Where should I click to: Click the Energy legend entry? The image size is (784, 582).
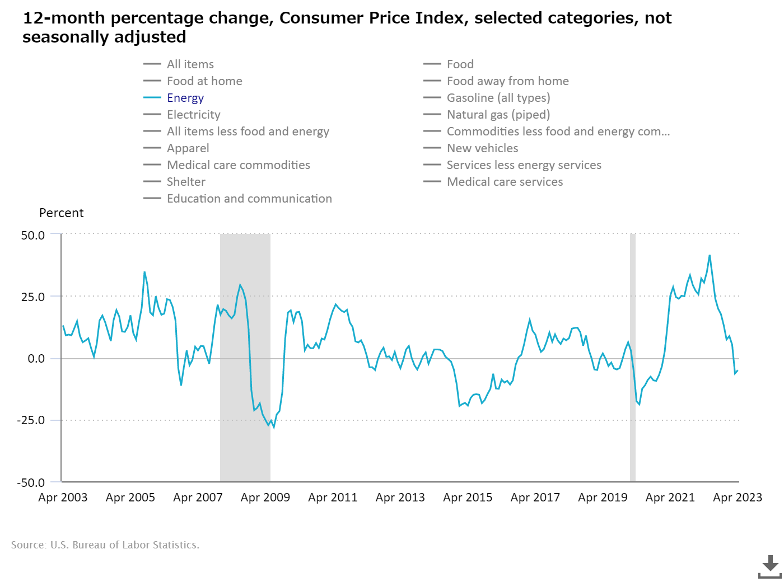click(x=185, y=98)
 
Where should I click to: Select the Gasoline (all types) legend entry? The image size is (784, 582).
click(x=498, y=98)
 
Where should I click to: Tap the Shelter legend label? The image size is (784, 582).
click(x=186, y=182)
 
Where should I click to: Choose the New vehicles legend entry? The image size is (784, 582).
click(x=482, y=148)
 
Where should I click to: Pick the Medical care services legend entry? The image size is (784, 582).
click(x=505, y=182)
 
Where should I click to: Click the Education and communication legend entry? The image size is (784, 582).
click(x=249, y=199)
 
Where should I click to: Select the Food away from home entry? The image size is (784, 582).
click(x=507, y=81)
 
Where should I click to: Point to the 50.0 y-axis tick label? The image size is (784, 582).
click(x=33, y=236)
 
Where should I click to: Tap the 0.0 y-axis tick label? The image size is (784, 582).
click(x=36, y=359)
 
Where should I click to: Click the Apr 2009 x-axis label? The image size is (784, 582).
click(x=265, y=497)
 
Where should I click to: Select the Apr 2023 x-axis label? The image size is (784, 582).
click(x=737, y=497)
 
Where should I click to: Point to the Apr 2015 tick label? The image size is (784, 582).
click(x=468, y=497)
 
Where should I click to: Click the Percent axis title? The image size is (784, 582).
click(x=61, y=213)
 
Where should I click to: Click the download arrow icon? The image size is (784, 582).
click(x=770, y=566)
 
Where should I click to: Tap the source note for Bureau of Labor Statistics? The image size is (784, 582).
click(x=105, y=545)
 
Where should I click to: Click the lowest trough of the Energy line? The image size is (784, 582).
click(x=273, y=428)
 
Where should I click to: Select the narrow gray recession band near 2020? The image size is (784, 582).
click(x=633, y=358)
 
